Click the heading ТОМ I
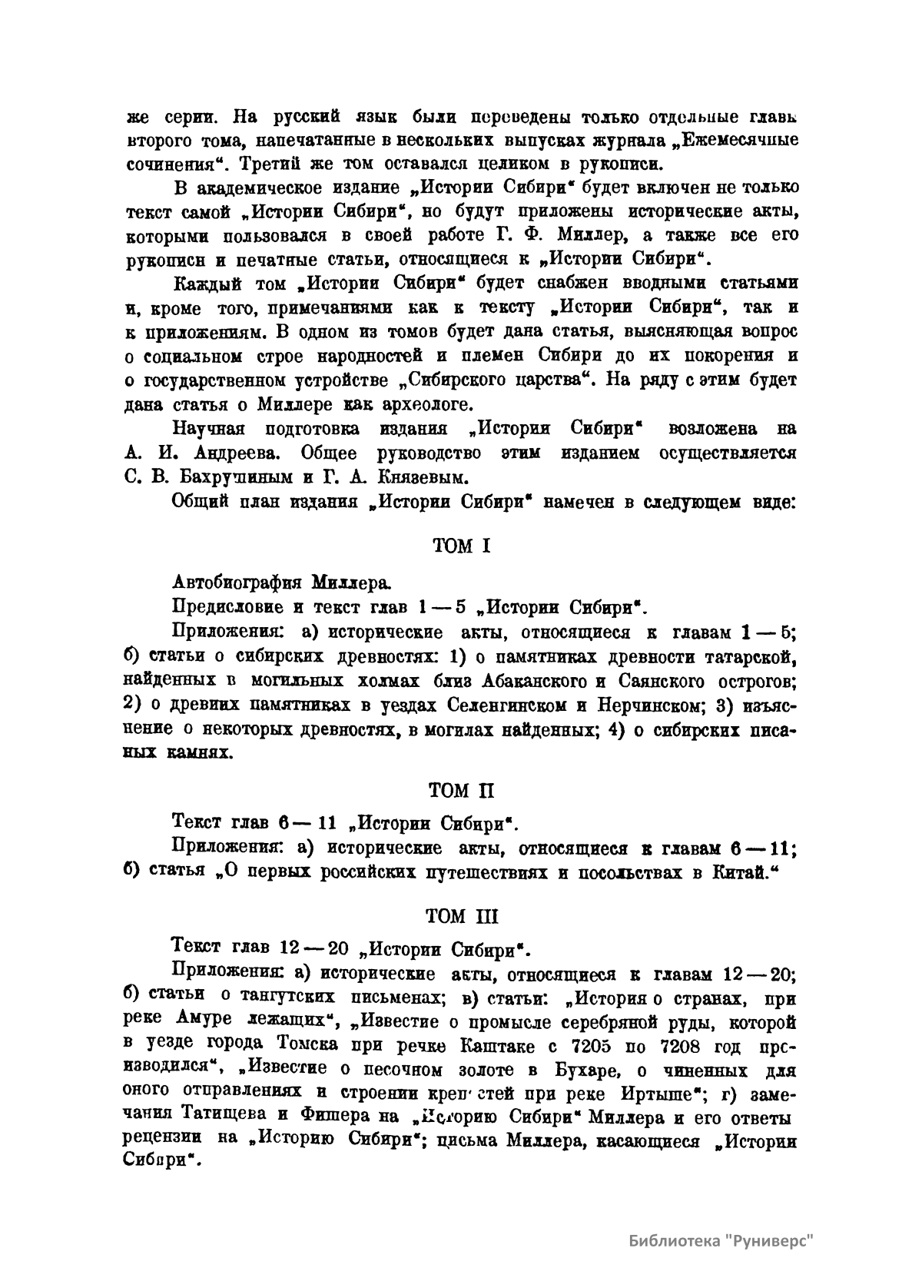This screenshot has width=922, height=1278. [461, 546]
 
